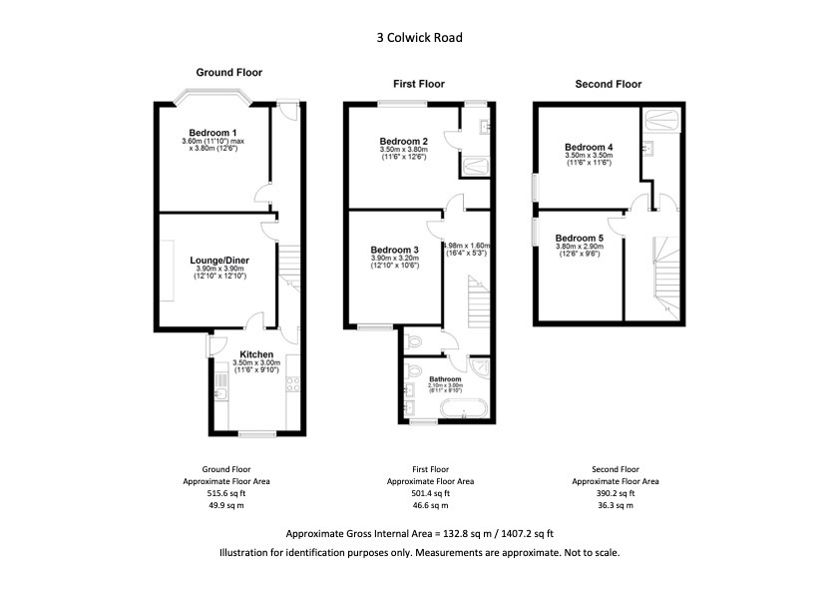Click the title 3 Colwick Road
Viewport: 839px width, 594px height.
pyautogui.click(x=419, y=39)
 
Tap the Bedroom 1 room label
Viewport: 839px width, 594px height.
pyautogui.click(x=214, y=133)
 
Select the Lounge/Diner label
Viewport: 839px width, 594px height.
pyautogui.click(x=219, y=261)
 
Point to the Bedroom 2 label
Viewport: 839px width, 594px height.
pyautogui.click(x=404, y=141)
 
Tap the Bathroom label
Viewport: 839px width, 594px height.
pyautogui.click(x=445, y=379)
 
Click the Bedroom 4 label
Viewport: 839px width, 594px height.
pyautogui.click(x=589, y=147)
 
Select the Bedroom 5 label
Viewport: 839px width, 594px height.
pyautogui.click(x=580, y=238)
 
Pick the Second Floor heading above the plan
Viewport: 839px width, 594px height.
pyautogui.click(x=609, y=85)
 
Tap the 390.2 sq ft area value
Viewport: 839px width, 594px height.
pyautogui.click(x=615, y=493)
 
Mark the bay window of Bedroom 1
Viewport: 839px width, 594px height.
pyautogui.click(x=210, y=99)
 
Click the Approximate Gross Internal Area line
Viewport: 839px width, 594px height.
pyautogui.click(x=419, y=533)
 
